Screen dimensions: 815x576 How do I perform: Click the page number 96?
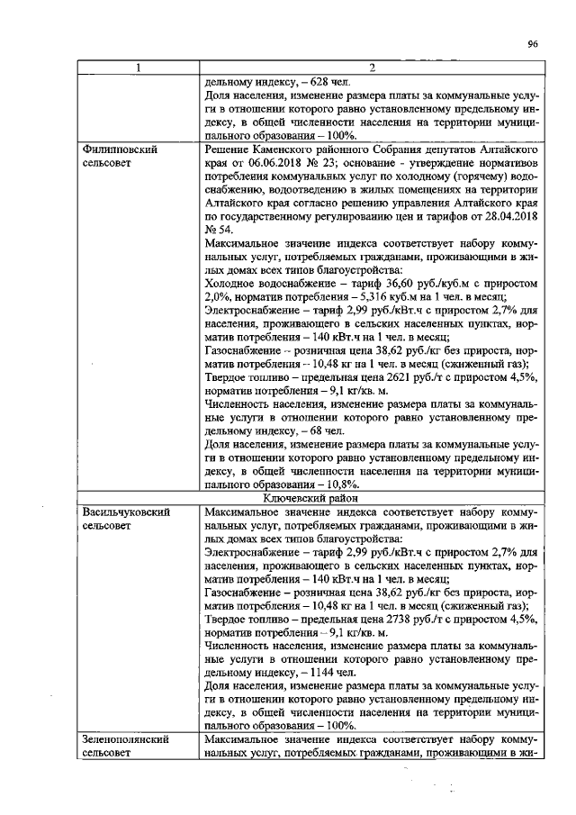click(x=533, y=43)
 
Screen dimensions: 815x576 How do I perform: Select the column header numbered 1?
click(x=138, y=68)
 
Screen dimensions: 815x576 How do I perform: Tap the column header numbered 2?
click(x=371, y=68)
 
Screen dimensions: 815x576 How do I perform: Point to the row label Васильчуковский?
click(x=127, y=512)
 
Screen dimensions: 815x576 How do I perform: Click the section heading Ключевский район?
click(x=371, y=497)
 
